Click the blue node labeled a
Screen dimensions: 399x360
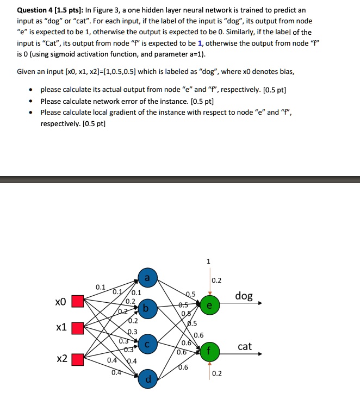147,278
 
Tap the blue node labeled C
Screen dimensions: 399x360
147,344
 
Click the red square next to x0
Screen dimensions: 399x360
78,301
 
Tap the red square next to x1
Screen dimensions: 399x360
78,328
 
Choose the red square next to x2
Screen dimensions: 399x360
78,359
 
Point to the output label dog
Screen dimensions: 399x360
244,296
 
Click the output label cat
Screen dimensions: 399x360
245,346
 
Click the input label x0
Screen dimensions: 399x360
60,301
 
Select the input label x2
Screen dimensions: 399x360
61,359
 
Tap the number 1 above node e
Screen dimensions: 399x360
209,261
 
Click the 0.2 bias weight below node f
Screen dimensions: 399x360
217,373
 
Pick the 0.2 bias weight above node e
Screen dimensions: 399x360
216,281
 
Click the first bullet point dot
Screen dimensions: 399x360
33,90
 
